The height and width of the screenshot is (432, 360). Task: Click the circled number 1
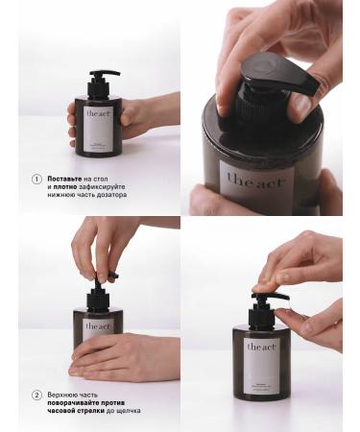(x=37, y=179)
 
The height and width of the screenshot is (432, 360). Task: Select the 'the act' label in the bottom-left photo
(x=97, y=325)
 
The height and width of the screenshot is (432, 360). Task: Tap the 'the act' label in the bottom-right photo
(x=261, y=348)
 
